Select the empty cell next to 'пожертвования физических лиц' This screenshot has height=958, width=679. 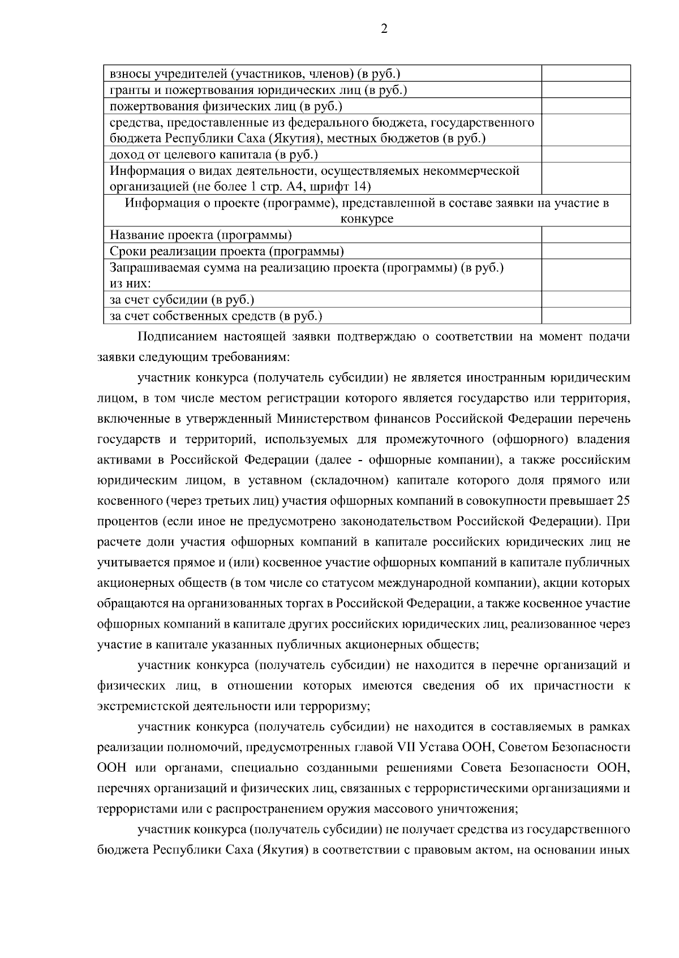pyautogui.click(x=586, y=106)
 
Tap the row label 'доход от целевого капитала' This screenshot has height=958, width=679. pyautogui.click(x=213, y=154)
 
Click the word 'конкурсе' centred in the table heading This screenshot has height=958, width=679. pyautogui.click(x=367, y=219)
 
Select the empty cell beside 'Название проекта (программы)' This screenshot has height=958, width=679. pyautogui.click(x=586, y=235)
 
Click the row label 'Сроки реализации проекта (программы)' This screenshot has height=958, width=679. pyautogui.click(x=226, y=251)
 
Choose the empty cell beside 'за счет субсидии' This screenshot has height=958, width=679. pyautogui.click(x=586, y=299)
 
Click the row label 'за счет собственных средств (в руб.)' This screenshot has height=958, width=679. pyautogui.click(x=216, y=316)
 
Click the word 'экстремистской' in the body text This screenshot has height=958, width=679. pyautogui.click(x=141, y=706)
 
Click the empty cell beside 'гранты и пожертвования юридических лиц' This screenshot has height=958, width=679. pyautogui.click(x=586, y=89)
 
